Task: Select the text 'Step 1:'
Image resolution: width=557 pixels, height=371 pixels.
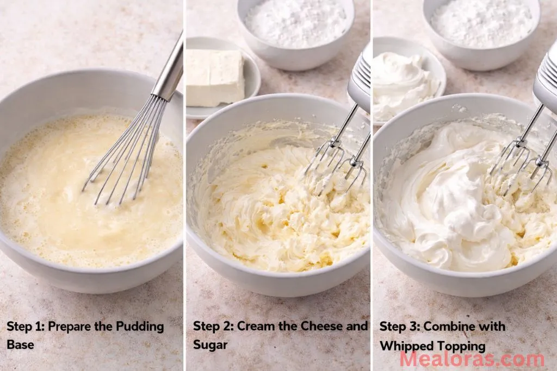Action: (x=25, y=327)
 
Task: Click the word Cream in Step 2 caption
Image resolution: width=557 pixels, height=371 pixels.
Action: (x=256, y=327)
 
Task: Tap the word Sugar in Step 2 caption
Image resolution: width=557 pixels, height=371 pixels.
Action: (x=210, y=345)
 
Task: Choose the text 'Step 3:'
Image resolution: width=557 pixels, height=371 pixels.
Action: (x=399, y=327)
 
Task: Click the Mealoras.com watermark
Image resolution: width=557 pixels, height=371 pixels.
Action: (x=471, y=359)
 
